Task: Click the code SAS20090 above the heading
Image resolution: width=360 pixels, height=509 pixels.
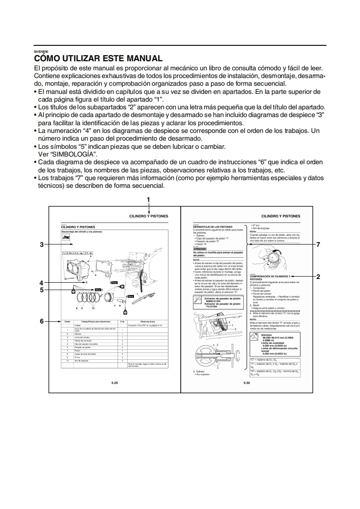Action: point(41,52)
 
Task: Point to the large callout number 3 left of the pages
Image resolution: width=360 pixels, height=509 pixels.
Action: point(41,245)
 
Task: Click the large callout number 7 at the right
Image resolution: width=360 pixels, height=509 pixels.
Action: point(318,245)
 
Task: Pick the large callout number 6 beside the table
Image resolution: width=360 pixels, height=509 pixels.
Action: point(41,321)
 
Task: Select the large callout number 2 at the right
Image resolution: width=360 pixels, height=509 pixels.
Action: point(318,276)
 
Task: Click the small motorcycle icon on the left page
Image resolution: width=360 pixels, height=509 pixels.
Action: point(66,237)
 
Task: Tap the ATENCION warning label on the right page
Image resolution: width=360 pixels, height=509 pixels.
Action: point(200,249)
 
